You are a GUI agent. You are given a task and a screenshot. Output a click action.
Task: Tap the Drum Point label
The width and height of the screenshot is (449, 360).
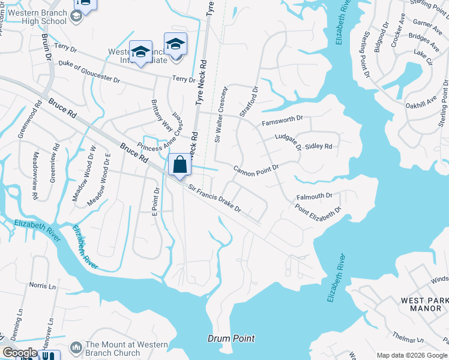pyautogui.click(x=231, y=338)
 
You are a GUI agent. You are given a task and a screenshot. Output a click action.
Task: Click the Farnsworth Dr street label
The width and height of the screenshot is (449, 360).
pyautogui.click(x=283, y=122)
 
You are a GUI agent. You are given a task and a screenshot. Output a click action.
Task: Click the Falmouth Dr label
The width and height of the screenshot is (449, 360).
pyautogui.click(x=314, y=196)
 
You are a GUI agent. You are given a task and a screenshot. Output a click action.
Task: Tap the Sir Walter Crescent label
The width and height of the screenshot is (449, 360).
pyautogui.click(x=221, y=115)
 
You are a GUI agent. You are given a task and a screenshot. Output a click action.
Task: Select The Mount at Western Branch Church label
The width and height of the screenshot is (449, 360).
pyautogui.click(x=117, y=349)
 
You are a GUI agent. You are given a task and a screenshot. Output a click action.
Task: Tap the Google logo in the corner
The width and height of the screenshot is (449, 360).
pyautogui.click(x=20, y=353)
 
